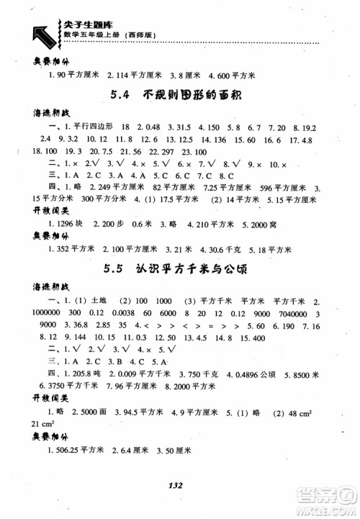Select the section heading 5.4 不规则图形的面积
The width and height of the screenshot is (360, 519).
click(179, 95)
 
